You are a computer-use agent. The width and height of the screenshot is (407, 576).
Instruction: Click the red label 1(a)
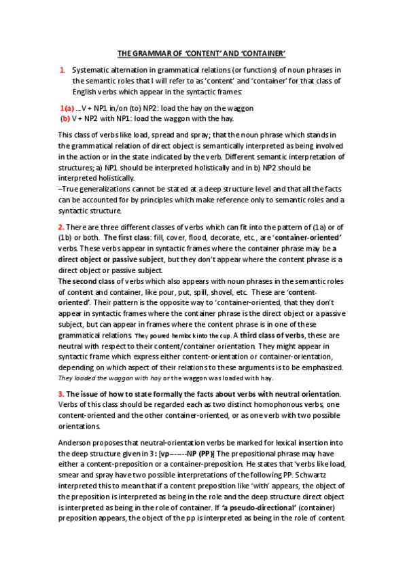point(67,108)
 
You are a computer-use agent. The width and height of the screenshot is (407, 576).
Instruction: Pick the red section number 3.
point(61,394)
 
